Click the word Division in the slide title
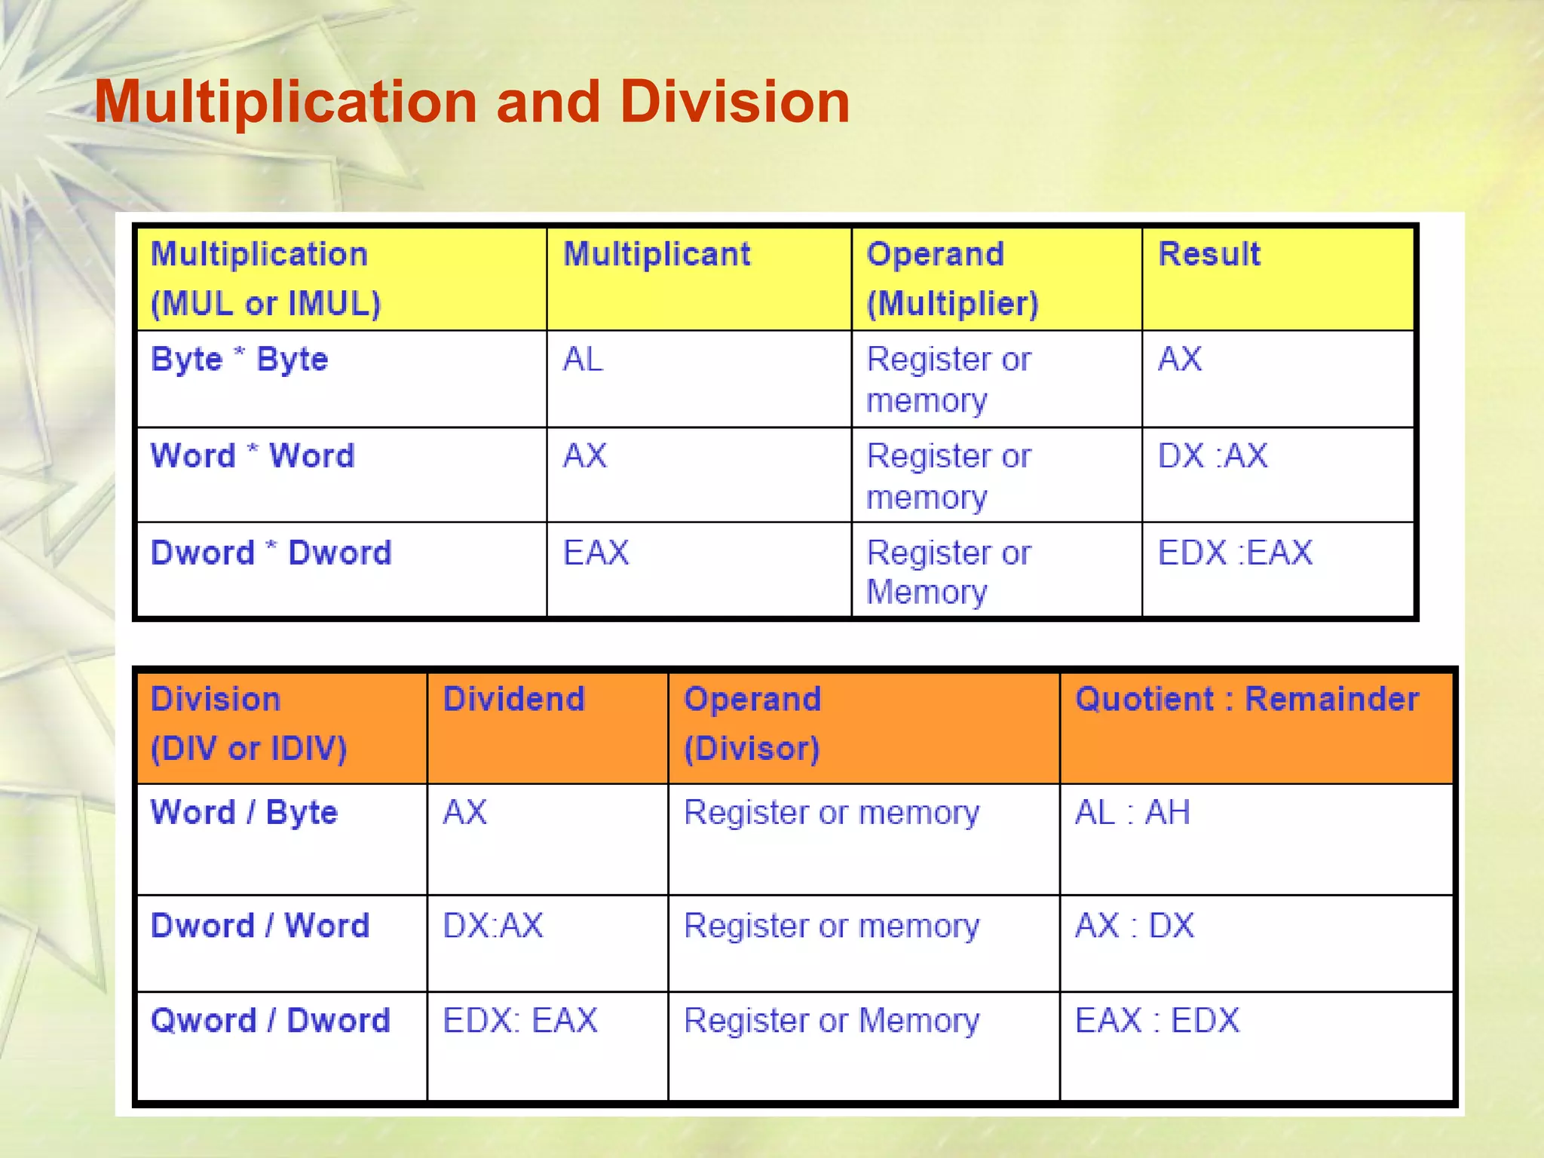(x=735, y=102)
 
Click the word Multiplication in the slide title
(x=286, y=102)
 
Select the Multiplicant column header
(x=657, y=254)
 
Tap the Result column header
(x=1209, y=254)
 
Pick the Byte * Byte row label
(x=240, y=359)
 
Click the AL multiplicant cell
(x=583, y=359)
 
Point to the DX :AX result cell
(x=1212, y=455)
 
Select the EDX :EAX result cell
(x=1235, y=553)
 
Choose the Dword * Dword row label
(x=271, y=553)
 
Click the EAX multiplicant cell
(x=596, y=553)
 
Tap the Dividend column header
(x=513, y=699)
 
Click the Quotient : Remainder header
(x=1247, y=699)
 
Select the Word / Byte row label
(x=244, y=812)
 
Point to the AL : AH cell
(x=1132, y=812)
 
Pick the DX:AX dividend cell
(x=492, y=925)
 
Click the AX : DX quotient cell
(x=1135, y=925)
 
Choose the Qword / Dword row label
(x=271, y=1020)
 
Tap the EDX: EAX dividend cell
(x=520, y=1020)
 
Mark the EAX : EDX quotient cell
(x=1157, y=1020)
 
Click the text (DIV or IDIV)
(x=249, y=749)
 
